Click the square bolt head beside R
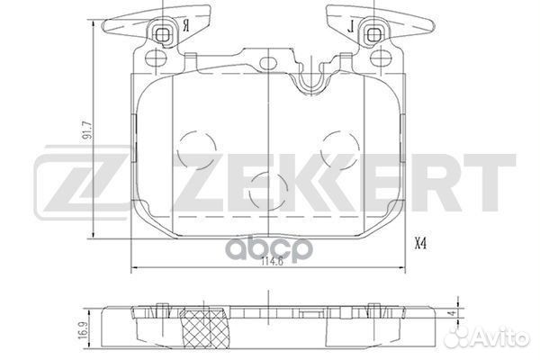coord(163,35)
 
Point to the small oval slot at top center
coord(268,64)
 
